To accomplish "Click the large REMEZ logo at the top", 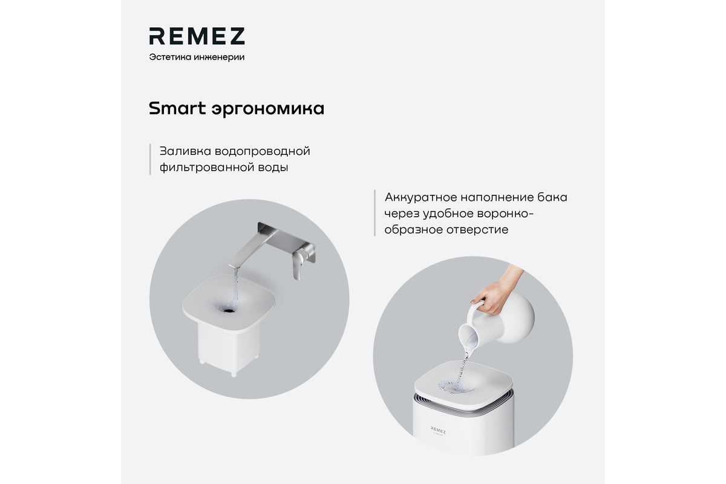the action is tap(197, 36).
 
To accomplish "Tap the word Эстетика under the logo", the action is tap(170, 57).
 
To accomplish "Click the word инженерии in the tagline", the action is tap(219, 57).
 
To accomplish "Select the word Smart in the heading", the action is tap(177, 108).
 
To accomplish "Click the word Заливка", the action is tap(185, 151).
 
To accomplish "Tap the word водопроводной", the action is tap(263, 152).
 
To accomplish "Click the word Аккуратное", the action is tap(420, 198).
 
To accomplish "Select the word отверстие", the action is tap(477, 230).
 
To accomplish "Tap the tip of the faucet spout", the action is tap(234, 266).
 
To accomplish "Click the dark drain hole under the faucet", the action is tap(229, 310).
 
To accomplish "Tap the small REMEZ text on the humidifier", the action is tap(438, 430).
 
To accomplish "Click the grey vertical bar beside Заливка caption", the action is tap(150, 159).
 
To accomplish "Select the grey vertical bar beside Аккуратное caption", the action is tap(374, 213).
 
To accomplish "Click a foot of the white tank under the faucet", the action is tap(234, 374).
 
